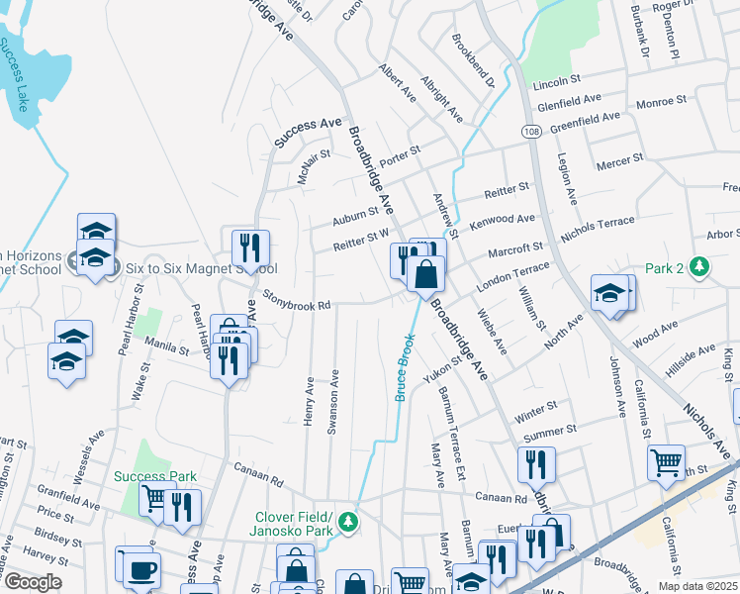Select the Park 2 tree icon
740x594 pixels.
click(x=700, y=267)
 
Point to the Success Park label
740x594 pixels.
click(x=155, y=476)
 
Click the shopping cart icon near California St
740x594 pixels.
click(x=667, y=461)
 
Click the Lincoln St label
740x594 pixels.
click(x=556, y=80)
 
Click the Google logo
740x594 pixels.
click(x=33, y=582)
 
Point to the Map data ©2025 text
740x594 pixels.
click(x=696, y=586)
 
